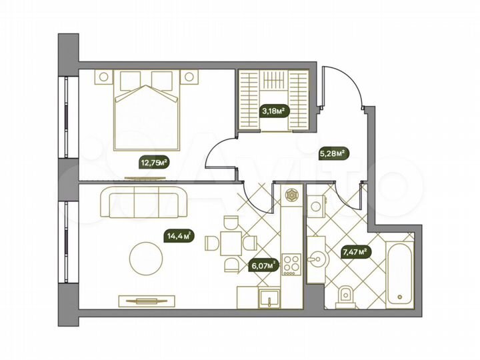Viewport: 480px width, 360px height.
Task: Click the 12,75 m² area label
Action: click(x=153, y=161)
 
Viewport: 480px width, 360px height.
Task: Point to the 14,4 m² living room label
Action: click(x=179, y=235)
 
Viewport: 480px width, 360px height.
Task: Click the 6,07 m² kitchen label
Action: click(x=263, y=265)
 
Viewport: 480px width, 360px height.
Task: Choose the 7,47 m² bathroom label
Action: click(x=355, y=252)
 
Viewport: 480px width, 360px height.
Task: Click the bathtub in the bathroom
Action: click(x=399, y=270)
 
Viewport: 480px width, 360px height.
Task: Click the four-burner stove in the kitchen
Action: click(x=291, y=265)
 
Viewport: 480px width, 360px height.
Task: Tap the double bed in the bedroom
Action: click(x=147, y=110)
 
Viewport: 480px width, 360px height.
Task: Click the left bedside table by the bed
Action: click(x=103, y=77)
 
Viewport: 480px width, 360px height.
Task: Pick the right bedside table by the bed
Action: click(x=189, y=77)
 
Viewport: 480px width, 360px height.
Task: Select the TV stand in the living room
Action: click(x=142, y=301)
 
